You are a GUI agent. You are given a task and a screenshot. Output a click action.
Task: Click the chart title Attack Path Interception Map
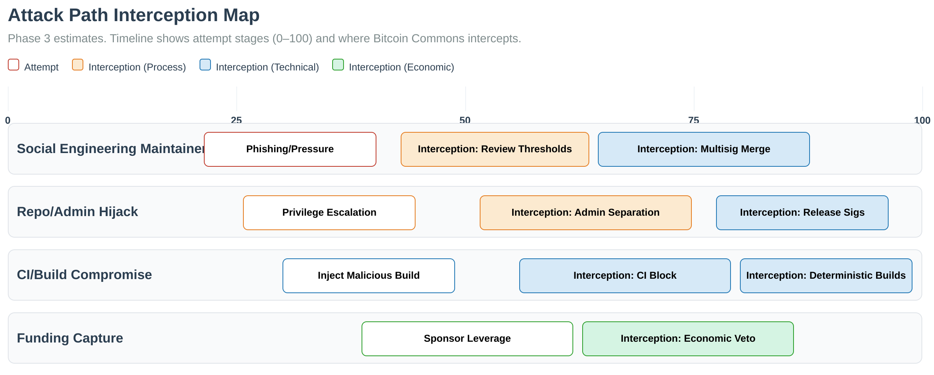133,15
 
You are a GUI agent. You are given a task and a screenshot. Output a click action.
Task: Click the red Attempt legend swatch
14,65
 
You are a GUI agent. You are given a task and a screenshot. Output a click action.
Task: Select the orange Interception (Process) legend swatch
77,65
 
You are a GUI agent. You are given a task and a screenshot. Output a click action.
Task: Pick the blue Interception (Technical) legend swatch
205,65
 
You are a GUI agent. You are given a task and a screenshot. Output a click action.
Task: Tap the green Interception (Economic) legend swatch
338,65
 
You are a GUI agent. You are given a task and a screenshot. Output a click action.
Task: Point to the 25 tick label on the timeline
236,120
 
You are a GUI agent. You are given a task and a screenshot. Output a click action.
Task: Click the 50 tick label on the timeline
465,120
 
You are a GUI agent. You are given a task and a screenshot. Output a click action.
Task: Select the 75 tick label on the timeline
693,120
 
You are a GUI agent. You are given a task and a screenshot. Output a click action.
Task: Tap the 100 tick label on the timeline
922,120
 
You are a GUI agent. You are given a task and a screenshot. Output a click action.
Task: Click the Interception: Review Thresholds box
495,149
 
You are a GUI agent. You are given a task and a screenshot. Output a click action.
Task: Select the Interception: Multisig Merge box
704,149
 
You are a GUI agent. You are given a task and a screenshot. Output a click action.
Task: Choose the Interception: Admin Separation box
585,213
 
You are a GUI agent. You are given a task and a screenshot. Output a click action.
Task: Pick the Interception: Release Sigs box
802,213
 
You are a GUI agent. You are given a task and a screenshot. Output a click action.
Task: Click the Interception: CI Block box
625,276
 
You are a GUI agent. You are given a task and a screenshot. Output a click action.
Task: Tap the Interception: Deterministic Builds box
826,276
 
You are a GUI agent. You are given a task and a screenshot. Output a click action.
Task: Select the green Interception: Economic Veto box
688,339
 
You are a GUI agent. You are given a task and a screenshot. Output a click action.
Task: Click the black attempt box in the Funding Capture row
467,339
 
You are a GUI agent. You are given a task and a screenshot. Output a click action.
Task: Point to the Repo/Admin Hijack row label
77,212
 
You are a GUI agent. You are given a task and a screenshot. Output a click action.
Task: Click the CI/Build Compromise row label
85,275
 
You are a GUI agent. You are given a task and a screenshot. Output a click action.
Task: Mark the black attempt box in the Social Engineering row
290,149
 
